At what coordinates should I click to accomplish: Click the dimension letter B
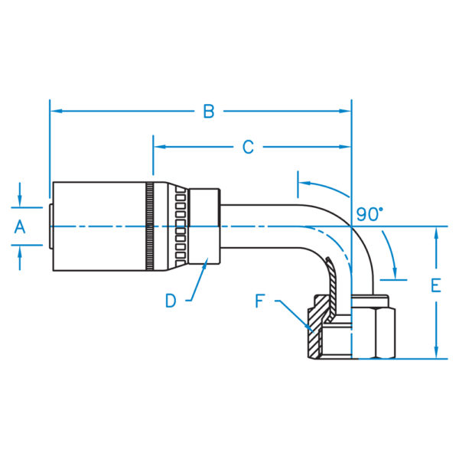point(209,112)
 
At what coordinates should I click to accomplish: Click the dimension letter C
point(248,147)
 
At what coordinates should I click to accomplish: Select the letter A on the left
point(20,227)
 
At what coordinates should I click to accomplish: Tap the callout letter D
point(171,301)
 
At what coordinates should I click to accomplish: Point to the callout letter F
point(260,301)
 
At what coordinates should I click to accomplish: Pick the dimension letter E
point(436,285)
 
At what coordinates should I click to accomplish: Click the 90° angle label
point(369,214)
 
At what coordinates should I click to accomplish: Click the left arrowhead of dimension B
point(56,111)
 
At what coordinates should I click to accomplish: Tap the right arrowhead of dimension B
point(345,111)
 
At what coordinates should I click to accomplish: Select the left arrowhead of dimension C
point(159,147)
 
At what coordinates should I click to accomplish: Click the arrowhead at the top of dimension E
point(436,233)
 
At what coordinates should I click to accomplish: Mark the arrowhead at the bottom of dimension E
point(436,353)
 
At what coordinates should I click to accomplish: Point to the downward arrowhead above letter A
point(20,201)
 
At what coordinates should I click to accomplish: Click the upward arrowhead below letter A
point(20,251)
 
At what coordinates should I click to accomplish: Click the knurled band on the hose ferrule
point(150,226)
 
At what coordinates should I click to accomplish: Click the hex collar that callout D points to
point(204,226)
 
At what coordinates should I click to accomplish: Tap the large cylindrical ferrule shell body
point(99,226)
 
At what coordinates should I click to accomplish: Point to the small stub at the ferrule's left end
point(51,226)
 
